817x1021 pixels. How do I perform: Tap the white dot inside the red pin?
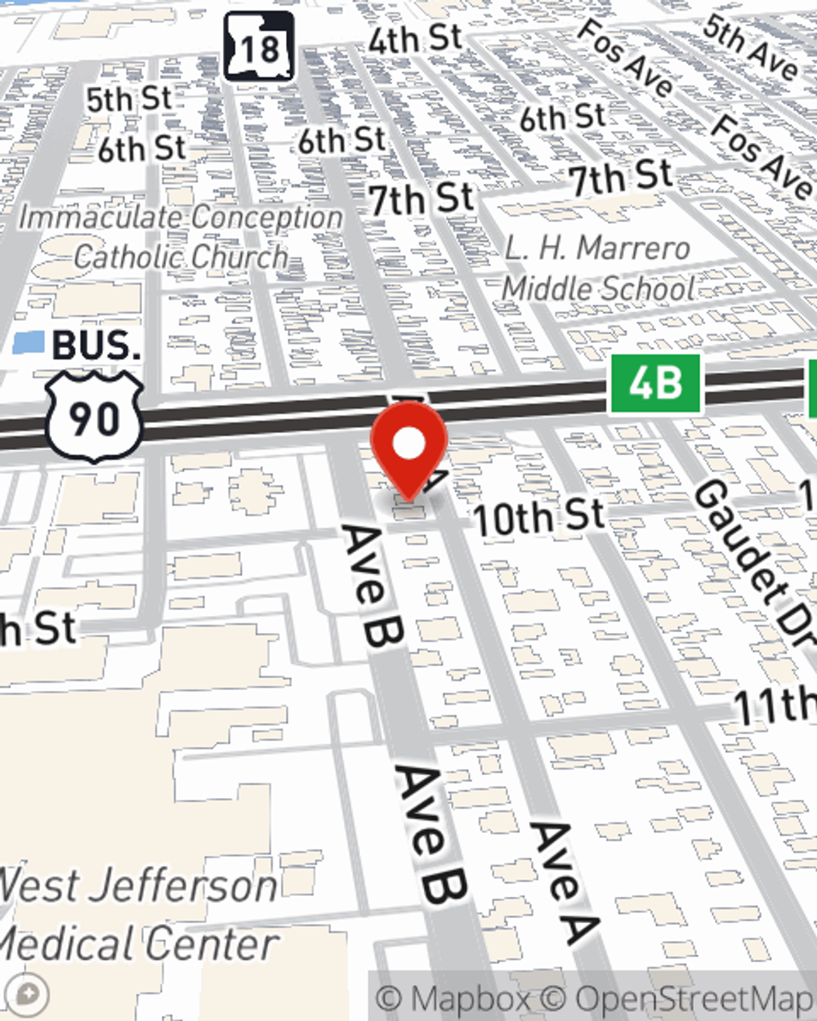tap(409, 444)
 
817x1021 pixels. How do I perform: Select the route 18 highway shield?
tap(259, 47)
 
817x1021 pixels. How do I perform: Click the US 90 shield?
tap(94, 417)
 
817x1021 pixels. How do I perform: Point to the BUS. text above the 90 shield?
tap(96, 346)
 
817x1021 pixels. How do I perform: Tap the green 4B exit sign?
tap(655, 383)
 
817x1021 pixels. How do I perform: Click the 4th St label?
tap(415, 39)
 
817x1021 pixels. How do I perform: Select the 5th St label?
tap(129, 100)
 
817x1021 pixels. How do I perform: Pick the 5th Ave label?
tap(750, 47)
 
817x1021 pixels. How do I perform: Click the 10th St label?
tap(539, 517)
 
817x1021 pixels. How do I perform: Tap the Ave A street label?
tap(564, 882)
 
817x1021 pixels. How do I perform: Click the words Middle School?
tap(598, 288)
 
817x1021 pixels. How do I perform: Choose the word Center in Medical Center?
tap(221, 945)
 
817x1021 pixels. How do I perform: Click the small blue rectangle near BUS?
tap(29, 343)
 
